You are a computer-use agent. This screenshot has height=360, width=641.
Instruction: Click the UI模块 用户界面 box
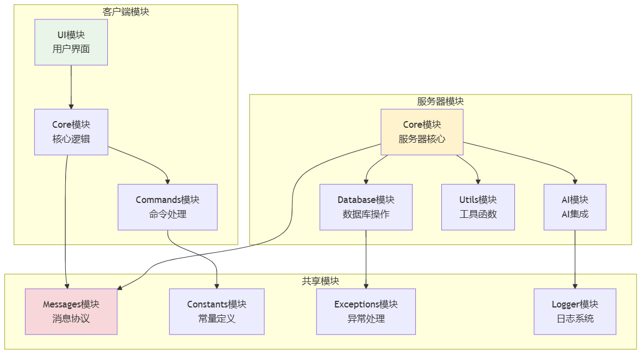tap(71, 42)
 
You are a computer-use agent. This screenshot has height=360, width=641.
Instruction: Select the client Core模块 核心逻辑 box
tap(71, 132)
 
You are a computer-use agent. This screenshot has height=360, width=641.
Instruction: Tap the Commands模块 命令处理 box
tap(168, 207)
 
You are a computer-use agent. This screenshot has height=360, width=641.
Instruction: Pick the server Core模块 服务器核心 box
tap(422, 132)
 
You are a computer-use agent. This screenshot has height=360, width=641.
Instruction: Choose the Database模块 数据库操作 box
tap(366, 207)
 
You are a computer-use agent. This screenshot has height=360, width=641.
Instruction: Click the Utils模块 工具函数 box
tap(478, 207)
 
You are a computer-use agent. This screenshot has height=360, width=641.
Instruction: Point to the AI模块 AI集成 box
tap(575, 207)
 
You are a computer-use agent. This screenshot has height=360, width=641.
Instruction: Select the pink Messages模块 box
tap(71, 312)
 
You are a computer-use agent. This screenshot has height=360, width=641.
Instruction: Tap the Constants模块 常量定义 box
tap(217, 312)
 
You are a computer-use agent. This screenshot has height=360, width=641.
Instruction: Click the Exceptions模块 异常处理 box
tap(366, 312)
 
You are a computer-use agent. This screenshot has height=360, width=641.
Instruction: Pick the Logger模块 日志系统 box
tap(575, 312)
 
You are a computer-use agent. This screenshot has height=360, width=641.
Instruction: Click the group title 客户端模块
tap(126, 12)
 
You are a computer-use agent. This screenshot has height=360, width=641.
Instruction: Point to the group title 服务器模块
tap(440, 101)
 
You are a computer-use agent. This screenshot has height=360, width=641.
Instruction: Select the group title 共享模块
tap(321, 281)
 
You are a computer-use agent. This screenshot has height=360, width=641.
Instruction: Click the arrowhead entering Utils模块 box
tap(478, 182)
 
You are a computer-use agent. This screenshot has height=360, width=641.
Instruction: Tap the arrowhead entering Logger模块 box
tap(575, 286)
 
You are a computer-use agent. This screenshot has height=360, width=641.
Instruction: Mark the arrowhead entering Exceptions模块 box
tap(366, 286)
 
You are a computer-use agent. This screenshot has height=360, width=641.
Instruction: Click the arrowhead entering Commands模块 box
tap(168, 182)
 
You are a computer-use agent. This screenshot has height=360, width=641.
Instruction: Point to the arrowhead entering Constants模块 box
tap(217, 286)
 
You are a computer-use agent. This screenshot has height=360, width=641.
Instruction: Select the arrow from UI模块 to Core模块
tap(71, 87)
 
